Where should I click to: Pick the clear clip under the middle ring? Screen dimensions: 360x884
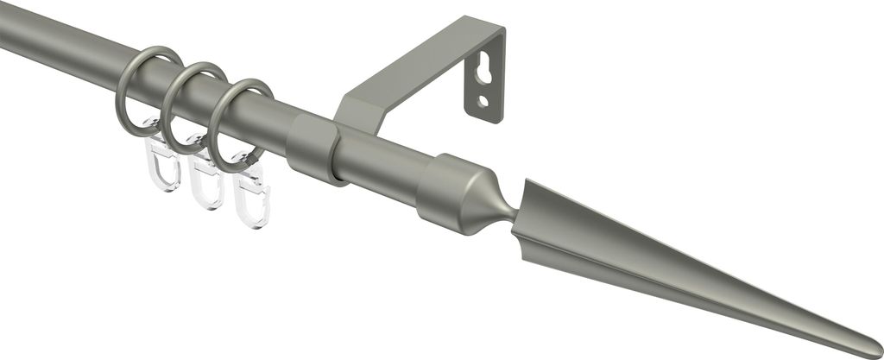pyautogui.click(x=207, y=183)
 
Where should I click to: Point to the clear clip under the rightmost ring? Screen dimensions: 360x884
pyautogui.click(x=251, y=200)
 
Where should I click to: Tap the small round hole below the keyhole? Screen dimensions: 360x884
pyautogui.click(x=483, y=102)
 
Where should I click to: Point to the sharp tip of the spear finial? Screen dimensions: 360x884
pyautogui.click(x=876, y=351)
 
